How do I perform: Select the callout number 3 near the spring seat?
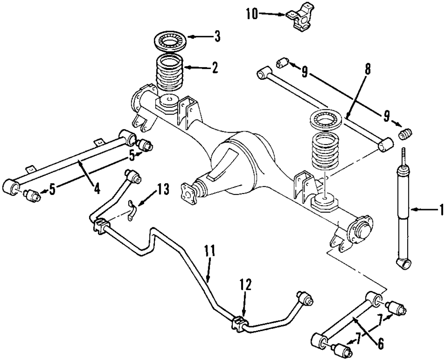pos(217,37)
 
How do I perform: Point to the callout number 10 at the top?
pos(251,14)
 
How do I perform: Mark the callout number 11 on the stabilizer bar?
pos(210,251)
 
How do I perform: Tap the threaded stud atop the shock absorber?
pos(404,156)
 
